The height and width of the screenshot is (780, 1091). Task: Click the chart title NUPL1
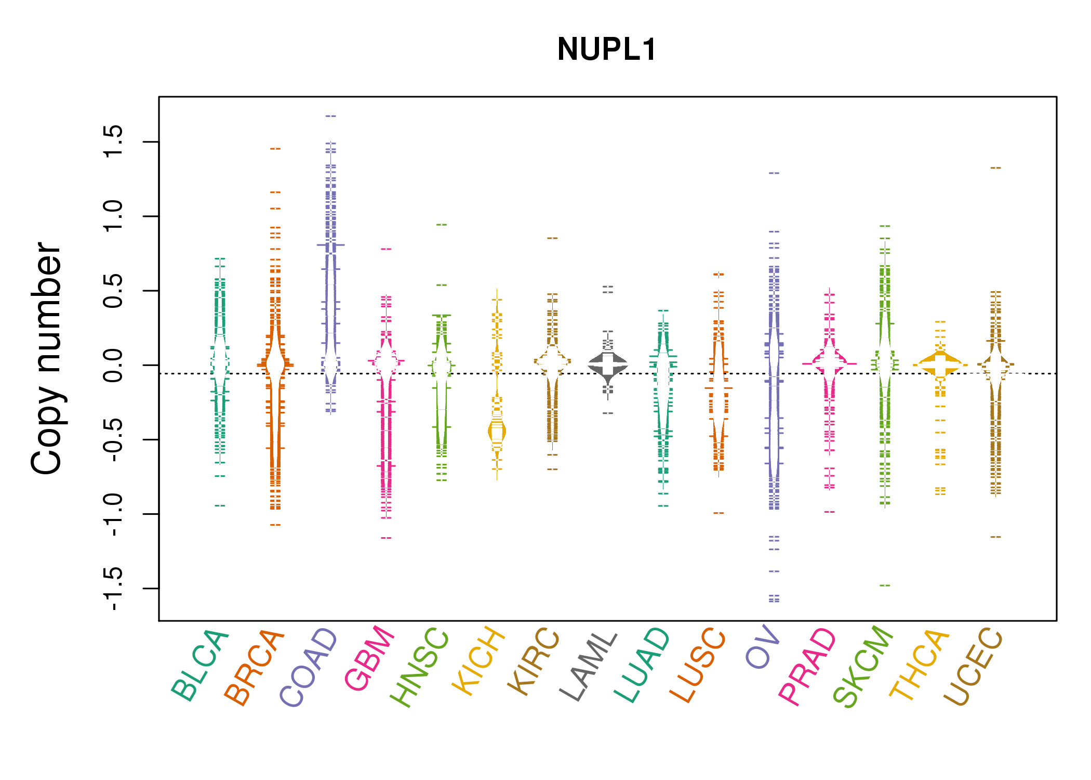coord(607,49)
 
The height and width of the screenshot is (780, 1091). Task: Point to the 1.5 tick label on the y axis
coord(113,141)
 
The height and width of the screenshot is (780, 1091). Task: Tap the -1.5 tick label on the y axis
coord(113,588)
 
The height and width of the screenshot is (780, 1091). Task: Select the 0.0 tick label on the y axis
coord(113,365)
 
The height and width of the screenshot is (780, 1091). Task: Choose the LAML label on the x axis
coord(589,666)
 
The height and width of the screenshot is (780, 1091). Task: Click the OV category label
coord(763,647)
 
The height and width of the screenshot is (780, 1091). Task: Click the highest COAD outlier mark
coord(331,116)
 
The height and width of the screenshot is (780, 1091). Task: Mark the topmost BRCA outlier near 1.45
coord(275,149)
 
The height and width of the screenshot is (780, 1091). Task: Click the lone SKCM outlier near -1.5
coord(885,586)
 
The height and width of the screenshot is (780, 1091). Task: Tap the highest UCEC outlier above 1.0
coord(995,168)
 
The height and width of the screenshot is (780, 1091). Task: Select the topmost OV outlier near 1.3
coord(774,173)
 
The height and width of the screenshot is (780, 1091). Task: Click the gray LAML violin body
coord(608,364)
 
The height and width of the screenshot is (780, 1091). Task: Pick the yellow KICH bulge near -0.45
coord(497,432)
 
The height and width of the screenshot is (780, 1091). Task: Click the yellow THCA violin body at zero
coord(940,365)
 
